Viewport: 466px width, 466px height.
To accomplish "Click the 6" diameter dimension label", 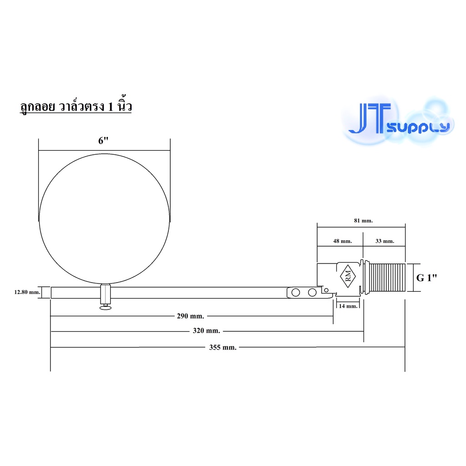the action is point(103,140).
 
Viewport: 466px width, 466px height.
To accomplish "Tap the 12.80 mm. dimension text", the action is point(27,292).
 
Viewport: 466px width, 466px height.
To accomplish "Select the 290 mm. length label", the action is point(191,316).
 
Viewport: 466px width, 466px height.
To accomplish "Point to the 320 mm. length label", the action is point(207,330).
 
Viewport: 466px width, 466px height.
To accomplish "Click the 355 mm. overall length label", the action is point(223,347).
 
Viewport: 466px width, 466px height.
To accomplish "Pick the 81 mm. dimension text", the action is point(363,221).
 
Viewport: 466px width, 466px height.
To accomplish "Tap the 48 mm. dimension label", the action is point(342,241).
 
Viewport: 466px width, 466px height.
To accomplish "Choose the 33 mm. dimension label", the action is point(385,241).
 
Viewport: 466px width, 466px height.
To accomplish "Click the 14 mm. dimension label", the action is point(348,306).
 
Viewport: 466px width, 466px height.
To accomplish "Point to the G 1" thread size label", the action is point(427,278).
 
